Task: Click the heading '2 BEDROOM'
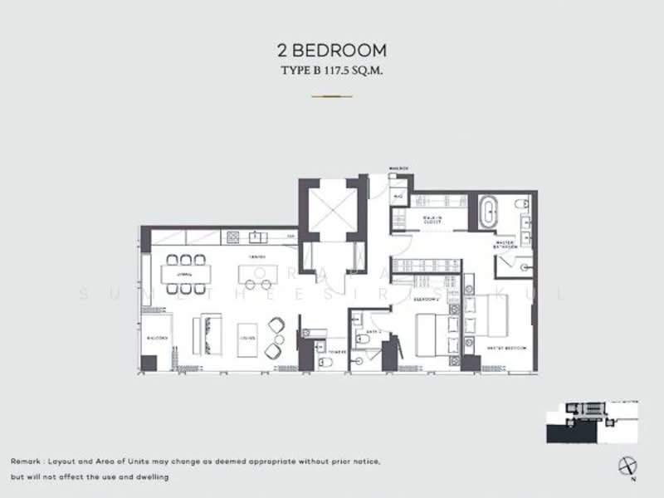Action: tap(332, 51)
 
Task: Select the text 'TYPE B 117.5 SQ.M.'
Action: tap(332, 71)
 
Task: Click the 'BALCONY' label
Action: tap(158, 339)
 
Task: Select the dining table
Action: tap(187, 274)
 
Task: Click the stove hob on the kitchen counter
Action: tap(233, 237)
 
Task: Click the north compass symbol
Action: tap(626, 466)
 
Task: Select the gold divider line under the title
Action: tap(332, 96)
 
